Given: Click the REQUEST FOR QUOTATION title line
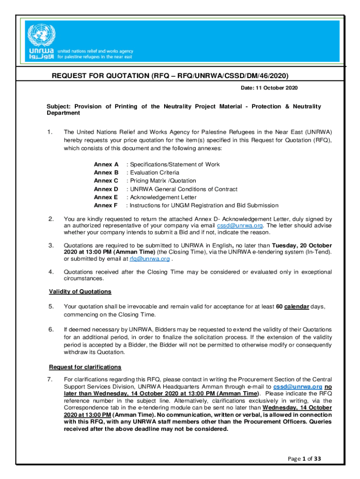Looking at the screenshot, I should tap(170, 75).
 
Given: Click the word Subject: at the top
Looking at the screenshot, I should tap(59, 107).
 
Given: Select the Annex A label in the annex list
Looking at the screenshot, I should tap(106, 164).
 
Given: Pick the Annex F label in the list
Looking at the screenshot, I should tap(106, 205).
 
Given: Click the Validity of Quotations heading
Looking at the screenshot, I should tap(80, 291).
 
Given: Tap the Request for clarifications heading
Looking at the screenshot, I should tap(85, 367).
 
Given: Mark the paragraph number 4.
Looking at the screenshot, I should tap(50, 272).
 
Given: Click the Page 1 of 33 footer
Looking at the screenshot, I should tap(304, 459).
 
